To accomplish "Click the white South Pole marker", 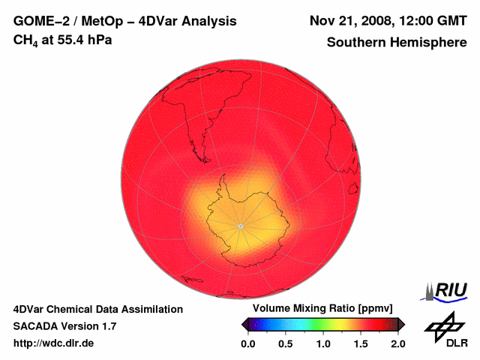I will click(x=240, y=226).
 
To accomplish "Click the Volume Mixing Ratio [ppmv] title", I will click(x=322, y=308).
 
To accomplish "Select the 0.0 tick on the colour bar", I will click(x=247, y=343).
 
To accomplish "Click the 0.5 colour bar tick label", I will click(x=285, y=343).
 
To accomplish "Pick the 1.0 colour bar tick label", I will click(x=323, y=343).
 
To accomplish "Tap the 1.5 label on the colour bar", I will click(x=361, y=343).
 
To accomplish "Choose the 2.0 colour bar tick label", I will click(x=398, y=343).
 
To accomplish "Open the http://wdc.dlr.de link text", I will click(x=54, y=343).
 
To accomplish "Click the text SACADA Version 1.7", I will click(x=64, y=326).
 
